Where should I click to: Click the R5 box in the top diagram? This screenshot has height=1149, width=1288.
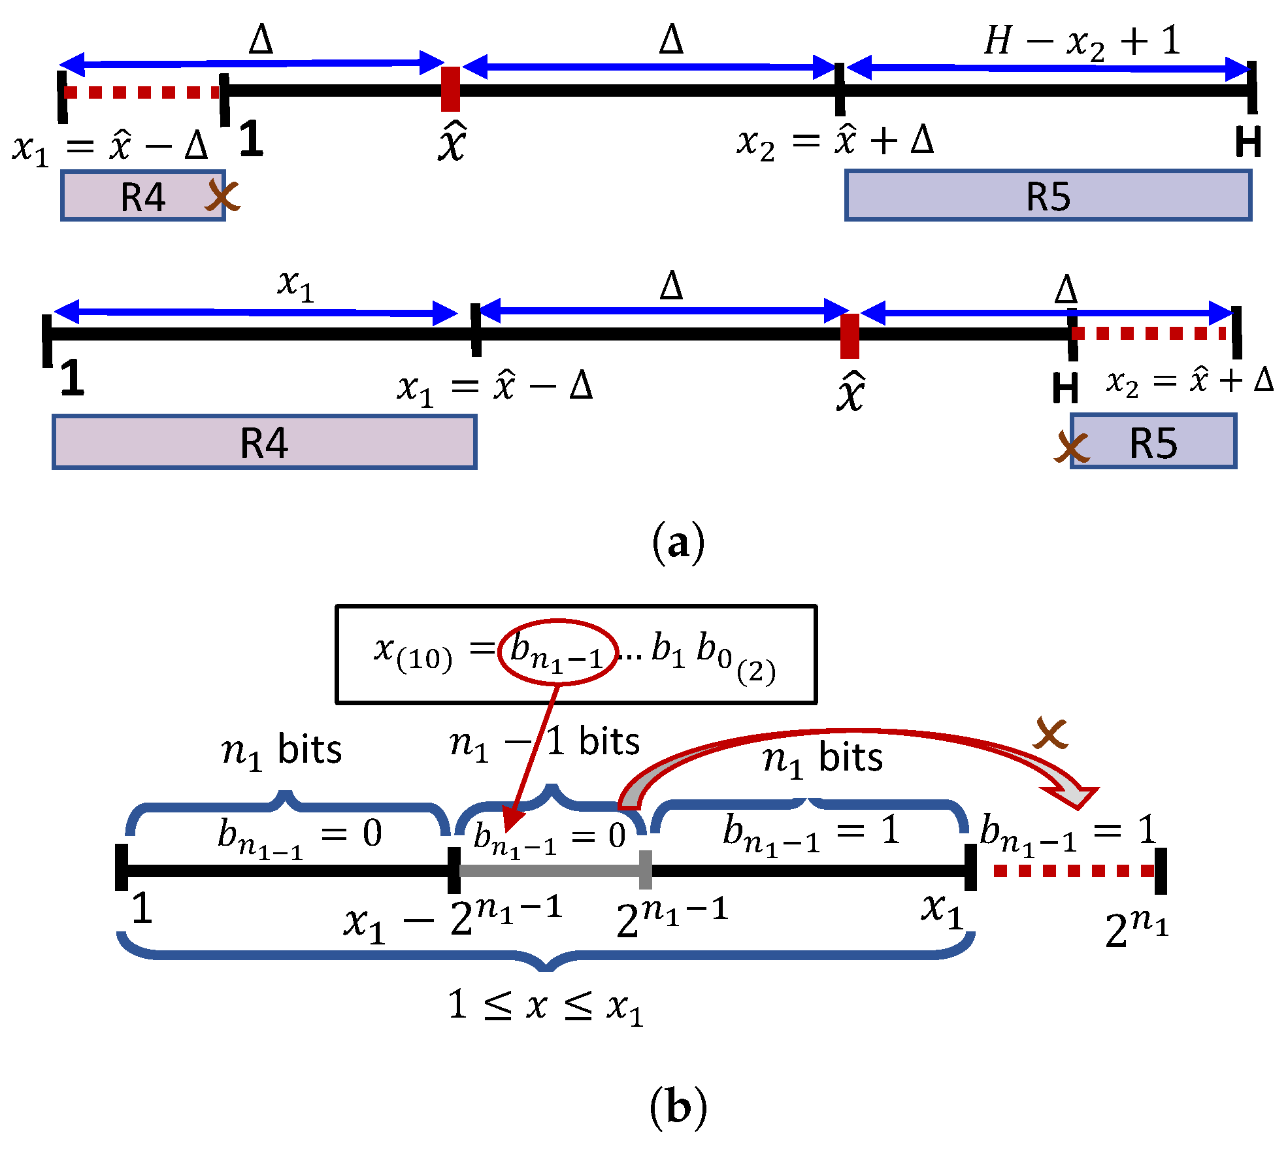1048,195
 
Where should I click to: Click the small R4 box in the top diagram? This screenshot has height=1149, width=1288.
142,196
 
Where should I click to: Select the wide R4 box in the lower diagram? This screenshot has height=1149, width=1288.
264,442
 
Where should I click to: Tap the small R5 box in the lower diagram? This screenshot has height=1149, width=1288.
1153,442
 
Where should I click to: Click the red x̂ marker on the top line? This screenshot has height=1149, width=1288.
450,89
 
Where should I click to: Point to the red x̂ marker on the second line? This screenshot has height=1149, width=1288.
849,336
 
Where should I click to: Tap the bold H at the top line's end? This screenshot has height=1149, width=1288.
1247,142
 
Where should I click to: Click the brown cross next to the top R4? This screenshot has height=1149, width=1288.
223,195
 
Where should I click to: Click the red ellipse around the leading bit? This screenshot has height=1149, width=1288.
557,652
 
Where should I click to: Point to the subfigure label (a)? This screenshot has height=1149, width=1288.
678,543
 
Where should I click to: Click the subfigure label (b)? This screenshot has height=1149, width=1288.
678,1107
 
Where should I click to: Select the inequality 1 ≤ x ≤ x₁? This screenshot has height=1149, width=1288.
546,1005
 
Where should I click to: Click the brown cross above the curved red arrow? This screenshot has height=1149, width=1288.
1050,733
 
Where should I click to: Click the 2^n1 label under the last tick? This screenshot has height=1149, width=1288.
1136,928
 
